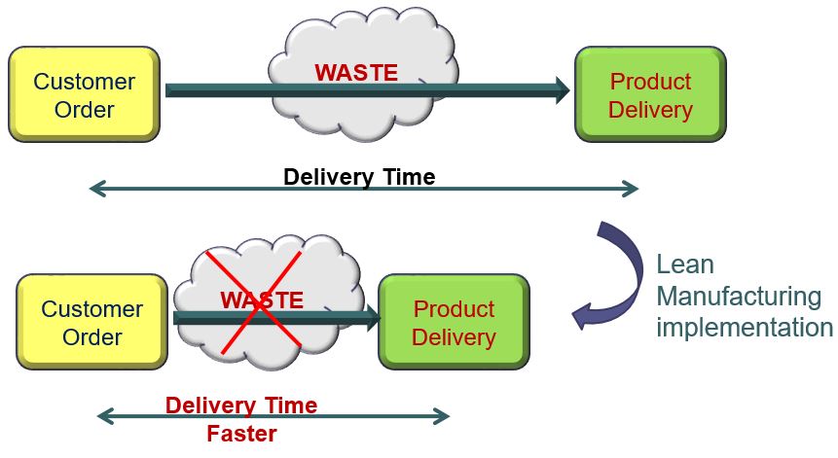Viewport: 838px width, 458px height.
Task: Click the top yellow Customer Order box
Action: click(84, 94)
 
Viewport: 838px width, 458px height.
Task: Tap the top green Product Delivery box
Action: click(650, 94)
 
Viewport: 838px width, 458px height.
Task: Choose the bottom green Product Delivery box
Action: click(454, 323)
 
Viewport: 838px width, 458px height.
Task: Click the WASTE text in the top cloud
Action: click(355, 72)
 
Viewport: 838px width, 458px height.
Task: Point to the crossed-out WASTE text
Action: click(262, 300)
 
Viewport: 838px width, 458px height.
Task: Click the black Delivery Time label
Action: click(359, 176)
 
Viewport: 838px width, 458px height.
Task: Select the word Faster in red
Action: click(241, 434)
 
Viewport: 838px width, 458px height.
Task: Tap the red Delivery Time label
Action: click(241, 405)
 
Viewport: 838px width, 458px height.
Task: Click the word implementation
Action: click(745, 327)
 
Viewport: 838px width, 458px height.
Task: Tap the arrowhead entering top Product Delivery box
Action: click(562, 91)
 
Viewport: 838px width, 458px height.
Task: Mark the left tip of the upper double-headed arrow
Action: click(91, 189)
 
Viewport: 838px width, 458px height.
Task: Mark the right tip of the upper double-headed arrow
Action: click(637, 189)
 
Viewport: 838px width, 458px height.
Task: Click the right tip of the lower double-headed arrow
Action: click(448, 417)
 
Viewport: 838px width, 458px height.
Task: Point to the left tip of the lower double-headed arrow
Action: click(99, 417)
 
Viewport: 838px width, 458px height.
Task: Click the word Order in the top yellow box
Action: click(84, 109)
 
